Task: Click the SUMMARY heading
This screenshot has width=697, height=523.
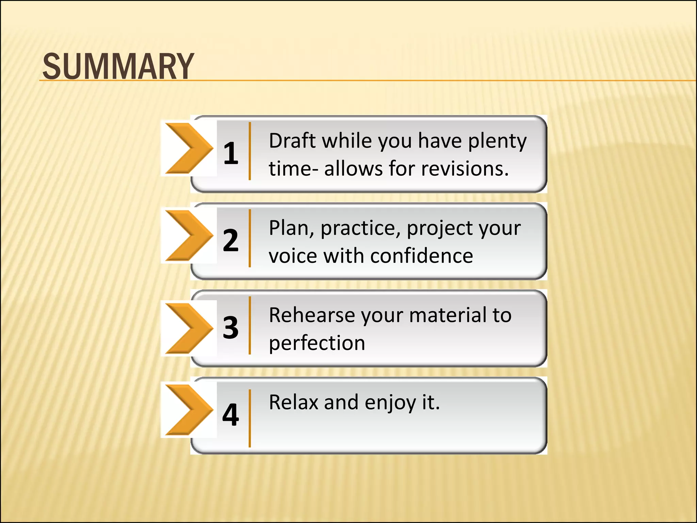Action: point(118,66)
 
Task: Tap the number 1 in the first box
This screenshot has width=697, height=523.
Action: point(231,153)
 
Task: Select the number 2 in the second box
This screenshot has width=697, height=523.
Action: point(231,240)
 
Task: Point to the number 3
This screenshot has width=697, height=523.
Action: point(231,327)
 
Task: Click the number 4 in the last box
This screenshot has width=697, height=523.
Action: point(231,414)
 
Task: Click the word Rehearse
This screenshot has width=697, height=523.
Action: point(311,315)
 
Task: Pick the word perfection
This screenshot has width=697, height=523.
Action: point(317,343)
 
